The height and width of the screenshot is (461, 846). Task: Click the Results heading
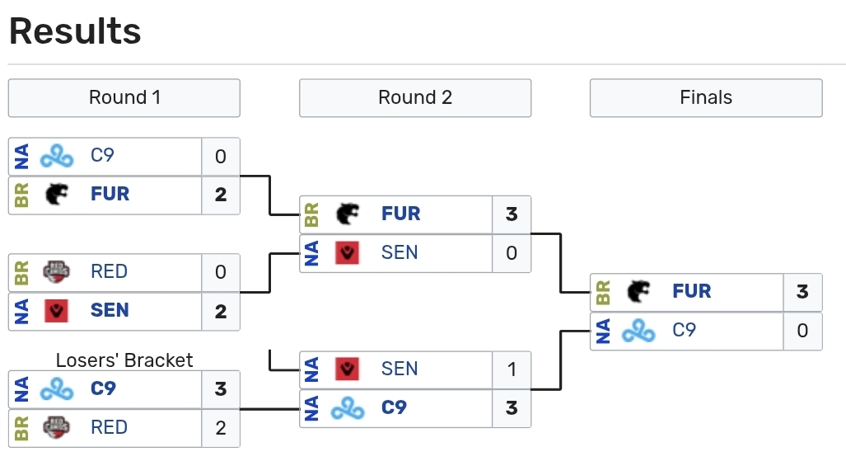point(75,31)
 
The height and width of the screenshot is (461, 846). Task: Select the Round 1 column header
point(124,97)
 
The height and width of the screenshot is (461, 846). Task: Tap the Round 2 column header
point(415,97)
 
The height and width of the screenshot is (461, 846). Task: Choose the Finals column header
point(706,97)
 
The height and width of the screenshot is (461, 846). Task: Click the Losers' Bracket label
point(124,360)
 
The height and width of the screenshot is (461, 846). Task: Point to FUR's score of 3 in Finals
point(802,292)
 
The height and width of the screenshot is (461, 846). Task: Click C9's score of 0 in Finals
point(802,331)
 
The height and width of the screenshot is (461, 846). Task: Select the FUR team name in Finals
point(691,292)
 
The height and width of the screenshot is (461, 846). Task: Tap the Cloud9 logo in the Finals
point(638,332)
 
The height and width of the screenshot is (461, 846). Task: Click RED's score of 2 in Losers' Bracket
point(221,428)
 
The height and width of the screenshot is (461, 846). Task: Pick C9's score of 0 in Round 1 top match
point(221,156)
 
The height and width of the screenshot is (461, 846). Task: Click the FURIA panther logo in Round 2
point(348,214)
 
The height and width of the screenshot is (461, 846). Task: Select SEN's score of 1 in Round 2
point(512,369)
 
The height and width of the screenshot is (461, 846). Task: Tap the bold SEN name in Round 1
point(110,311)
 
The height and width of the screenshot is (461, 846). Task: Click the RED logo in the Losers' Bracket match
point(57,428)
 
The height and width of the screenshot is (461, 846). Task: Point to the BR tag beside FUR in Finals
point(603,292)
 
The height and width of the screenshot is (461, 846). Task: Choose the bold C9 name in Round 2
point(394,408)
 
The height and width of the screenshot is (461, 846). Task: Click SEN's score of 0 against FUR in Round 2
point(512,253)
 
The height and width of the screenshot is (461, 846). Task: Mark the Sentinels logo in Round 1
point(57,311)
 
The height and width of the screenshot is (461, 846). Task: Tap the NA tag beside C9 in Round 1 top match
point(21,156)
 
